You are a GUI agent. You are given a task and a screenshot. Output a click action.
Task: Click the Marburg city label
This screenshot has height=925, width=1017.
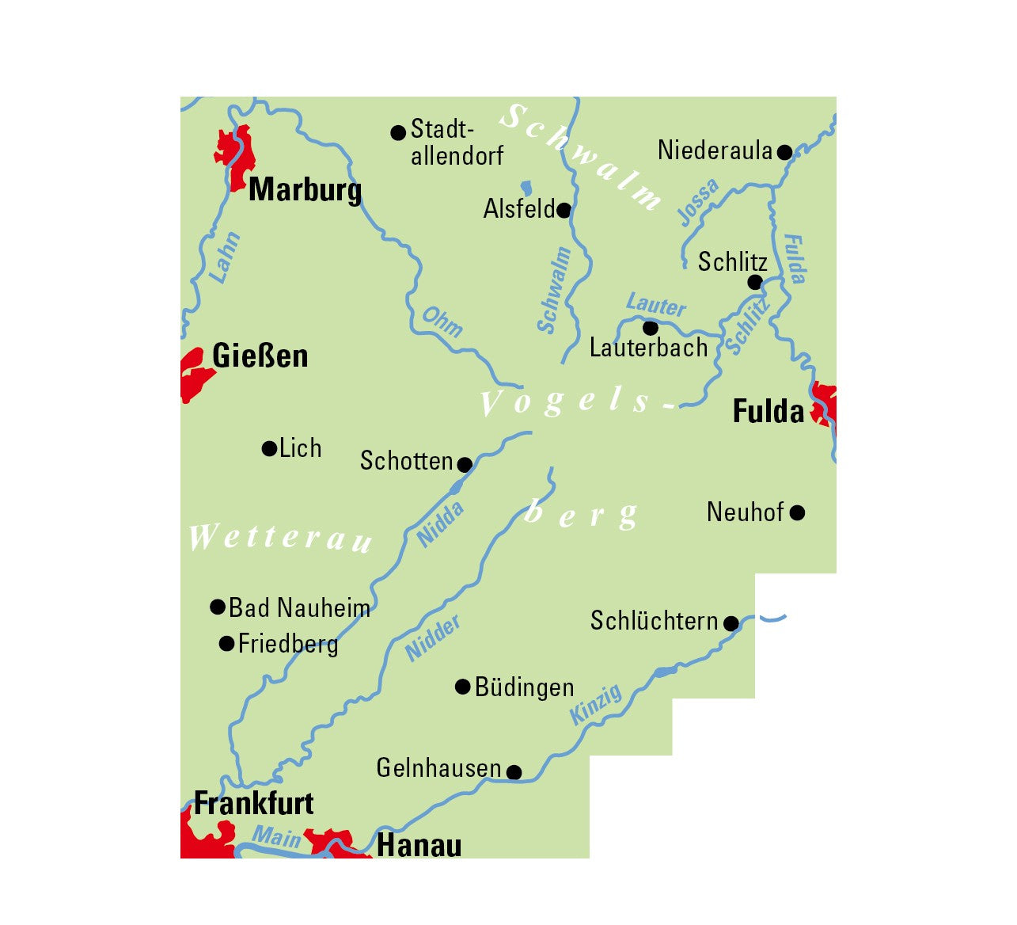(305, 190)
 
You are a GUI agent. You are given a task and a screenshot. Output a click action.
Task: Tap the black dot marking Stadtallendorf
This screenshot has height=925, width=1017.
(399, 133)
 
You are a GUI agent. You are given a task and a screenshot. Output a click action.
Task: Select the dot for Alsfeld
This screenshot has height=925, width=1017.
(564, 211)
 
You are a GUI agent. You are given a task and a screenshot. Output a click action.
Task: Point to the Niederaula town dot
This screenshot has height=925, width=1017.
(784, 152)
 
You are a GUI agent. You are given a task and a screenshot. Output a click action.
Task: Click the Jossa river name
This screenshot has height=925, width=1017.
(699, 202)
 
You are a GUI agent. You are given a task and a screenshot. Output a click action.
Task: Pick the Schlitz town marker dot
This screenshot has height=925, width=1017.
(755, 282)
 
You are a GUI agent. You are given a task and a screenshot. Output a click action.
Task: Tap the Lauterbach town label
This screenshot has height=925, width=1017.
(648, 348)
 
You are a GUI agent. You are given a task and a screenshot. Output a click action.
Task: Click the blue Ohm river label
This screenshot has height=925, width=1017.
(442, 322)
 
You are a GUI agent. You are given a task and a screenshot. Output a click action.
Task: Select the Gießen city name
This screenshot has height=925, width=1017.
(260, 356)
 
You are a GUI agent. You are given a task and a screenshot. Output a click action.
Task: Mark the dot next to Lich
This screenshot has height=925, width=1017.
(269, 449)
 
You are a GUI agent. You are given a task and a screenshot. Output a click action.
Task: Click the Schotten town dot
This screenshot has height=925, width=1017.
(465, 464)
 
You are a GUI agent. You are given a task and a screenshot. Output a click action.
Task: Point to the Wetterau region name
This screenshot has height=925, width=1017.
(280, 539)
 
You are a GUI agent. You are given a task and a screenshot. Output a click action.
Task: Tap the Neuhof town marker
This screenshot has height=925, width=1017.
(798, 513)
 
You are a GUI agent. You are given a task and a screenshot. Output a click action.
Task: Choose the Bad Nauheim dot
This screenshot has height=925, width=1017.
(218, 607)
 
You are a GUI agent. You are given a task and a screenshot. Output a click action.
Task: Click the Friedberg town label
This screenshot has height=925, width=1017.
(288, 644)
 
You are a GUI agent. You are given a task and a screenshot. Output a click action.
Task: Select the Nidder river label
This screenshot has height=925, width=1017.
(433, 638)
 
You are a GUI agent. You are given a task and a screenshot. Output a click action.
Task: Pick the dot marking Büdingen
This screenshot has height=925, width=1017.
(463, 687)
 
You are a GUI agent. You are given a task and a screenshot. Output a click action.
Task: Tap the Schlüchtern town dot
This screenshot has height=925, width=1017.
(731, 623)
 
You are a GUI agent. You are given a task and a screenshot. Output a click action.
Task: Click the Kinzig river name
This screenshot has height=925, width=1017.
(597, 705)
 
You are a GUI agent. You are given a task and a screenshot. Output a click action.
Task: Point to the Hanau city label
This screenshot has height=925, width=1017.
(419, 845)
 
